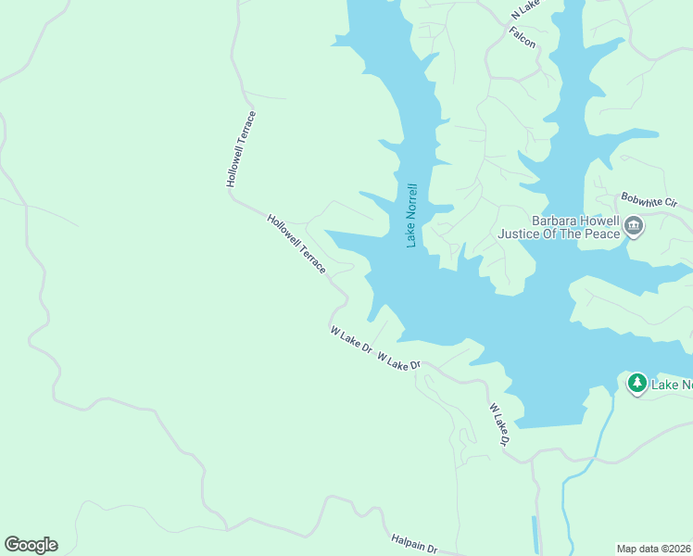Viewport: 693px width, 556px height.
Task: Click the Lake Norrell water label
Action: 412,215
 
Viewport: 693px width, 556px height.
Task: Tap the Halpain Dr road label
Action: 413,542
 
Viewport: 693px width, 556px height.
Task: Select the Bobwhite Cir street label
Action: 649,201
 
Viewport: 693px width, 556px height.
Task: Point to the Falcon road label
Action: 523,37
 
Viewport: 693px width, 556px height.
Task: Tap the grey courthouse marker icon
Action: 635,226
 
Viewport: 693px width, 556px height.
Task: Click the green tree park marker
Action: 636,384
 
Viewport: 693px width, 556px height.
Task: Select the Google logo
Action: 31,545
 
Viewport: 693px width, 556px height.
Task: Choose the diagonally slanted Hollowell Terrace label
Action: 296,244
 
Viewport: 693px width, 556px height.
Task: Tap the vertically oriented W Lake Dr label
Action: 499,425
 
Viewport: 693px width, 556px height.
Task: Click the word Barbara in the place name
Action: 555,221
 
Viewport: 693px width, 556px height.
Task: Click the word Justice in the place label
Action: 519,234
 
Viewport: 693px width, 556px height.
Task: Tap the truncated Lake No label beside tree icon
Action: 672,385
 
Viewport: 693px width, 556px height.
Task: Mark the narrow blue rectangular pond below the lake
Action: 535,534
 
